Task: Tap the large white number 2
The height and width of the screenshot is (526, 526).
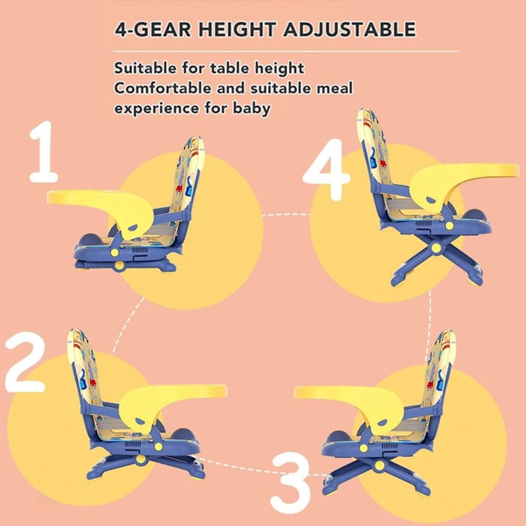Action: point(25,362)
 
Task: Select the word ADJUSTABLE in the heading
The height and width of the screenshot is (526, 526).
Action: point(350,30)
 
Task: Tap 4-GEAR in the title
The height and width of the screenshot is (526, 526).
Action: point(153,30)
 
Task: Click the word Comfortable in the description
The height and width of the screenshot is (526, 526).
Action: point(163,88)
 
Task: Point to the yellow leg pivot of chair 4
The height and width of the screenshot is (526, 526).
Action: point(436,248)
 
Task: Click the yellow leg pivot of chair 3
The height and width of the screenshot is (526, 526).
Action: point(379,465)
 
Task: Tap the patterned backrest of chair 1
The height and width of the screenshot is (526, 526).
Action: point(187,178)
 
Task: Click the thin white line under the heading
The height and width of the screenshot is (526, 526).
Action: point(286,52)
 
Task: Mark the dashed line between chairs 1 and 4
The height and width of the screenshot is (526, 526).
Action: point(286,215)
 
